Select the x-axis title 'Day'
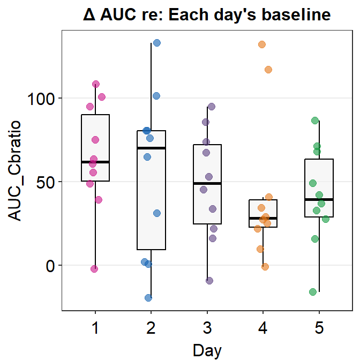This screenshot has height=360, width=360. (207, 350)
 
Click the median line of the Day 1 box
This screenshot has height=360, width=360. (95, 162)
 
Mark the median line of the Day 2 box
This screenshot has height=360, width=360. (151, 148)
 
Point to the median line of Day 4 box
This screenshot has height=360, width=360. (263, 219)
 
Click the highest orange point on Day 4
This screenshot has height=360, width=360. (262, 44)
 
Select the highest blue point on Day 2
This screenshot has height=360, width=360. (157, 43)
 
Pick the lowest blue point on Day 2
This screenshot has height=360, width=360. (148, 298)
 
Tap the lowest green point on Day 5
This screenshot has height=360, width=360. (313, 292)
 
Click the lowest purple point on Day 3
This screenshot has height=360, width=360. (209, 281)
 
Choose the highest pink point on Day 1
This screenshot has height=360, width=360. (96, 84)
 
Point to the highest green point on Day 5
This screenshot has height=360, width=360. (316, 121)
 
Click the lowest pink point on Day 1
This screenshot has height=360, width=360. (94, 269)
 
